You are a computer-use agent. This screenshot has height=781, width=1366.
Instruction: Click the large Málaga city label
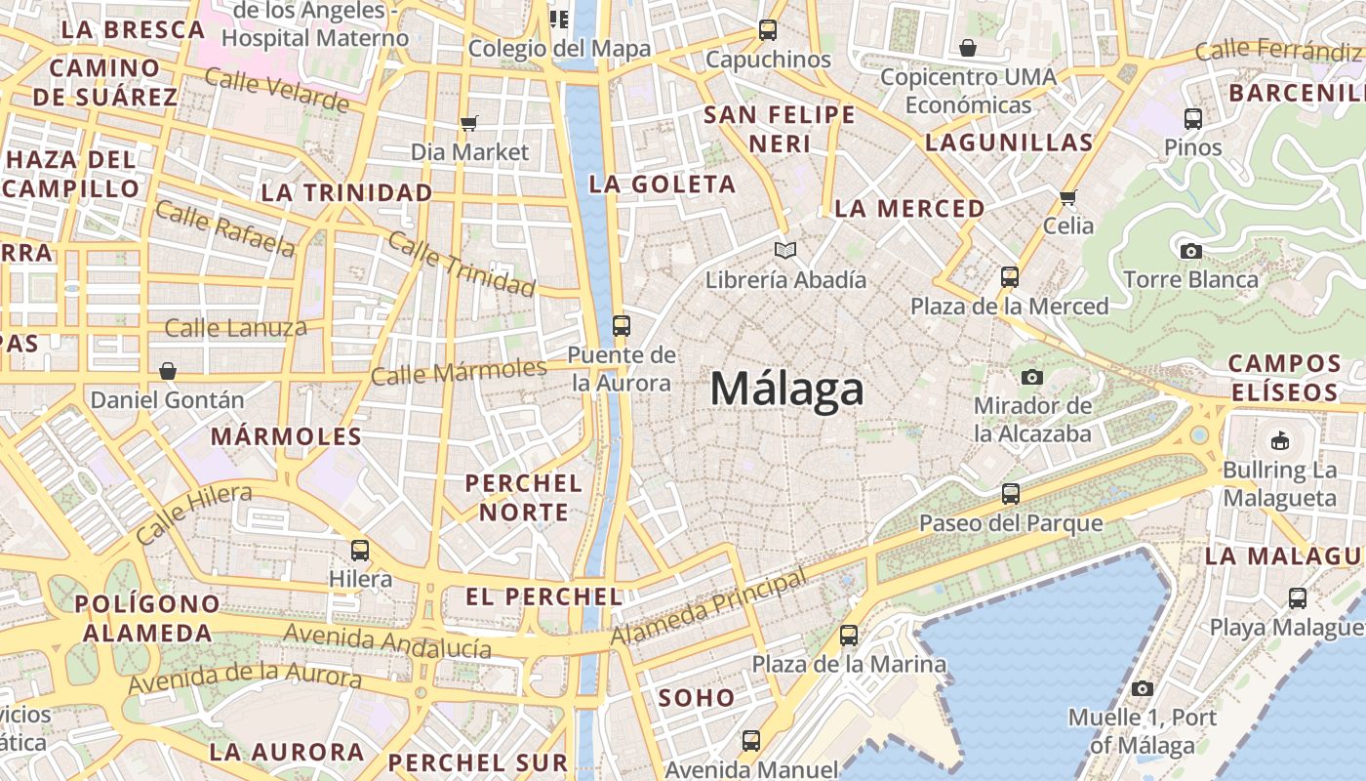point(786,389)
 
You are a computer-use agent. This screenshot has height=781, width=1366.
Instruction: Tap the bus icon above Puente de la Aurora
point(622,326)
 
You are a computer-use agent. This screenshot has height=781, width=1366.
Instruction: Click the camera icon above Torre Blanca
point(1190,251)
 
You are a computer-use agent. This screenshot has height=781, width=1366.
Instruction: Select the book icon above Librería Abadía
point(785,251)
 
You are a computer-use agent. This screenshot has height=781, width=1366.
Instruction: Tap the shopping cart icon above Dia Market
point(469,123)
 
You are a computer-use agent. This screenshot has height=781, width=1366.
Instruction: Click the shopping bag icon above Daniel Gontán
point(168,371)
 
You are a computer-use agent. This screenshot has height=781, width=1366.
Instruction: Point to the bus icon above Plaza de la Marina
point(849,636)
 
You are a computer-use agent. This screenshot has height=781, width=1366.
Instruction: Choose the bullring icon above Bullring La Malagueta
point(1279,440)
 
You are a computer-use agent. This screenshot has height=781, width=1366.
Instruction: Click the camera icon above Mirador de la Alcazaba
point(1032,377)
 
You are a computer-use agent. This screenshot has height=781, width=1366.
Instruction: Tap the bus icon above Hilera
point(360,550)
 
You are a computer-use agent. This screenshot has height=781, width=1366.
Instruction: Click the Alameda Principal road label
point(709,607)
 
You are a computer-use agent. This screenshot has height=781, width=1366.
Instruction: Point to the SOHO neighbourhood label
point(697,697)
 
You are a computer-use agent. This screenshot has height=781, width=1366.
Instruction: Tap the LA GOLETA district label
point(663,184)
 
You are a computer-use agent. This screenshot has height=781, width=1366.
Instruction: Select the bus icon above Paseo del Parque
point(1011,494)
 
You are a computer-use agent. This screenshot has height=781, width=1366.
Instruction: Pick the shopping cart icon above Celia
point(1068,197)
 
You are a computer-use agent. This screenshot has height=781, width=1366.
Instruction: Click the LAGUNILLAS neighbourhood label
point(1009,143)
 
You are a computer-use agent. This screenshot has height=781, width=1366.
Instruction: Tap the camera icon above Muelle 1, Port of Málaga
point(1143,688)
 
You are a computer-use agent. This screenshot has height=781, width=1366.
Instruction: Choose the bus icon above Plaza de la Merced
point(1010,277)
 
